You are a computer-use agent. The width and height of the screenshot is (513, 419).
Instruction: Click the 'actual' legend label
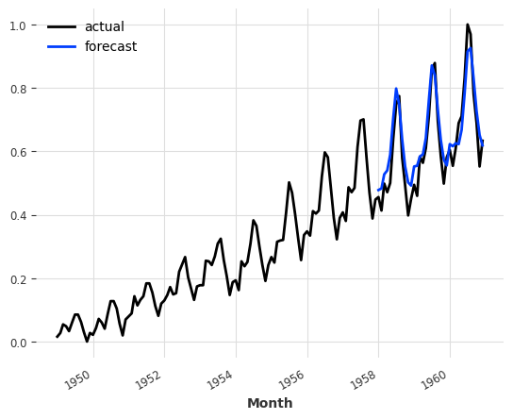click(104, 26)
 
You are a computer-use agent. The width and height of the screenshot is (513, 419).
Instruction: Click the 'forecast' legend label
click(110, 46)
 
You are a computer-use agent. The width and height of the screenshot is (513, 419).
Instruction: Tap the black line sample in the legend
click(61, 26)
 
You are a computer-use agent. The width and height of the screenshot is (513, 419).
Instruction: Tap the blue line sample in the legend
click(61, 46)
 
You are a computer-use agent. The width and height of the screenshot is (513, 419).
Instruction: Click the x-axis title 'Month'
click(270, 403)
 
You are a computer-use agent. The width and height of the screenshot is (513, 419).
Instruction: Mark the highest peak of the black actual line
click(467, 25)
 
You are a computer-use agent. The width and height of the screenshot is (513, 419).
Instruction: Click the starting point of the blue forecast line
click(378, 190)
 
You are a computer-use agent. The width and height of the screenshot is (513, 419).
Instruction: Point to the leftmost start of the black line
click(57, 337)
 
